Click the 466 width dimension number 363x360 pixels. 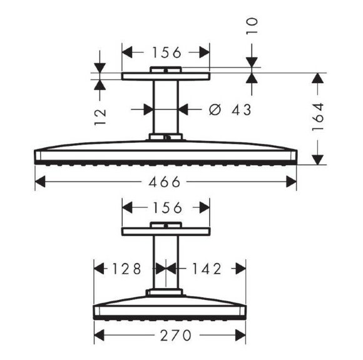(164, 182)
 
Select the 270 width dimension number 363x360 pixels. (176, 335)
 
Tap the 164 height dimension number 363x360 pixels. (318, 117)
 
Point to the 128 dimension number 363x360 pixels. (126, 269)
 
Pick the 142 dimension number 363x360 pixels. (207, 269)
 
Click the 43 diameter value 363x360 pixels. (242, 110)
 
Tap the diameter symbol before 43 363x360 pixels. (215, 110)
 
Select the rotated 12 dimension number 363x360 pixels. (100, 117)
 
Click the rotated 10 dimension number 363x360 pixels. (252, 26)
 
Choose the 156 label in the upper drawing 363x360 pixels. (166, 53)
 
